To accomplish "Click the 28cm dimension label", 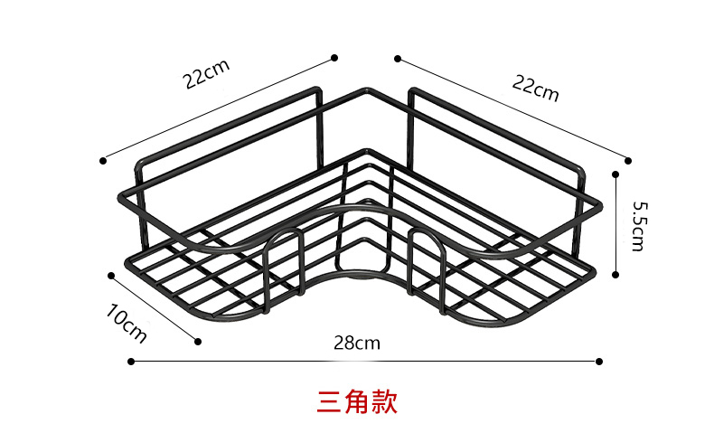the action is click(356, 343).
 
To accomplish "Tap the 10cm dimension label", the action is click(127, 324).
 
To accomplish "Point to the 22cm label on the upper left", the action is click(207, 75).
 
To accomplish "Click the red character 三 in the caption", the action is click(329, 401).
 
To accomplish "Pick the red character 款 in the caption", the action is click(384, 401).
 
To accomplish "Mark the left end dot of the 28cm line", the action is click(131, 362).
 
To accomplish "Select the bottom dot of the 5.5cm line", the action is click(615, 274).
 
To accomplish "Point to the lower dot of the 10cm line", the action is click(198, 342).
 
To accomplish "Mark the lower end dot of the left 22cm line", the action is click(103, 160).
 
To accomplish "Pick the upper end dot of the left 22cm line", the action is click(334, 57).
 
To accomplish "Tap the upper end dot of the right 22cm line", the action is click(396, 58).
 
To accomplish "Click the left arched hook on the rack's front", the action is click(284, 249).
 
